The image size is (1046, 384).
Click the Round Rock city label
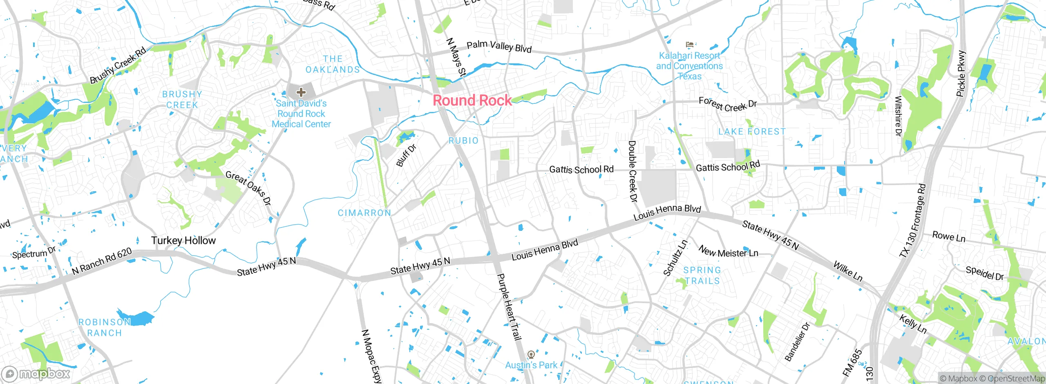pyautogui.click(x=472, y=100)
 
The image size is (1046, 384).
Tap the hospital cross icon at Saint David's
pyautogui.click(x=301, y=92)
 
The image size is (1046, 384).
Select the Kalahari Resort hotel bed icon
pyautogui.click(x=690, y=45)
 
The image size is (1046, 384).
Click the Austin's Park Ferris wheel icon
pyautogui.click(x=531, y=354)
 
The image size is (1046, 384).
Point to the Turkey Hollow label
pyautogui.click(x=183, y=241)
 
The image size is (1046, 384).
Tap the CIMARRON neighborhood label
pyautogui.click(x=364, y=213)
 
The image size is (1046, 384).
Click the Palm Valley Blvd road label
pyautogui.click(x=499, y=47)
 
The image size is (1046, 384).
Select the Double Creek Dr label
pyautogui.click(x=633, y=172)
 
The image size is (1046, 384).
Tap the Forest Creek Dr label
pyautogui.click(x=727, y=104)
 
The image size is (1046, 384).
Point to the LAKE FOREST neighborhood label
pyautogui.click(x=752, y=132)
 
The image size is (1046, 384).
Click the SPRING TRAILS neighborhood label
pyautogui.click(x=702, y=275)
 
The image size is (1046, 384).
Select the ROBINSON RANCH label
pyautogui.click(x=105, y=328)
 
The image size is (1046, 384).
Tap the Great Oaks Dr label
pyautogui.click(x=248, y=188)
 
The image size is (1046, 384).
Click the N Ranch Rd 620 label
pyautogui.click(x=102, y=261)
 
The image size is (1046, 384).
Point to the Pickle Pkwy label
pyautogui.click(x=961, y=74)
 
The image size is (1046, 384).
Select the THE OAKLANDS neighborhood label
pyautogui.click(x=333, y=65)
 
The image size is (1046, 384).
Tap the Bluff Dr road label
pyautogui.click(x=406, y=156)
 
